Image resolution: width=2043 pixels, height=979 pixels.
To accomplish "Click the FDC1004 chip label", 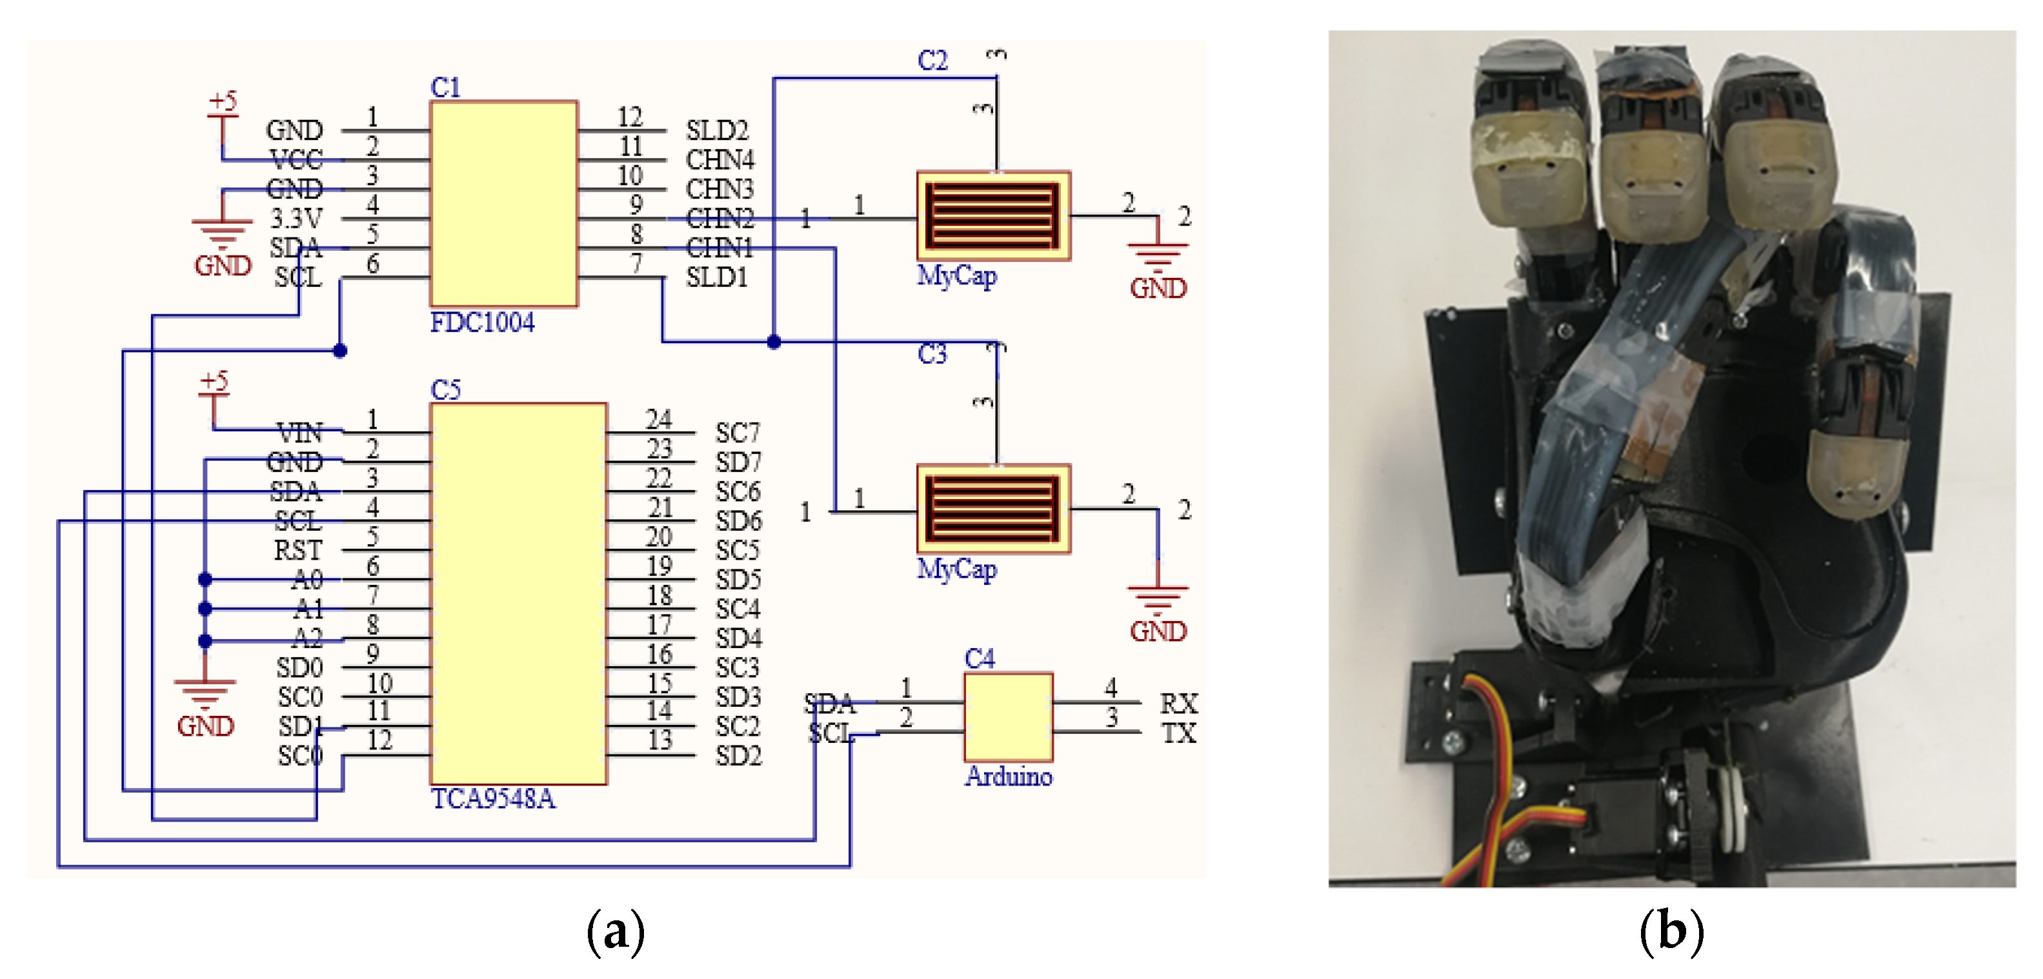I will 481,322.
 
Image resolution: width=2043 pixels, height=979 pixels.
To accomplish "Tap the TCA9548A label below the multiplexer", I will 492,798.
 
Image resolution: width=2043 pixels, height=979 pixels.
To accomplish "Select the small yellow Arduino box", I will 1008,717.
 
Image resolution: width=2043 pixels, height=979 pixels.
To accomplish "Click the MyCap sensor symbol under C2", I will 993,215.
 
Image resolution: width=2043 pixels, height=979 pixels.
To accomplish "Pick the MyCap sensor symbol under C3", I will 993,509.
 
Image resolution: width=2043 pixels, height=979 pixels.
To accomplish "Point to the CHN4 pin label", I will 720,160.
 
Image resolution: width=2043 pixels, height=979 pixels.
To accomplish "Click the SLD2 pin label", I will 716,130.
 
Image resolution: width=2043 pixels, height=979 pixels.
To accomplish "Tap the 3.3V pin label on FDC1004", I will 296,218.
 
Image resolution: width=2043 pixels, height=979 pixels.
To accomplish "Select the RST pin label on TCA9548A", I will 297,550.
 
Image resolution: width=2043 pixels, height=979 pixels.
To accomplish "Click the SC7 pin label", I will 738,433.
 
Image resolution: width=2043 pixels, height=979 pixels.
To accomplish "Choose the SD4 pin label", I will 738,638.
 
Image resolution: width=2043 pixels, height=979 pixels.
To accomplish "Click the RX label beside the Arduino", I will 1178,704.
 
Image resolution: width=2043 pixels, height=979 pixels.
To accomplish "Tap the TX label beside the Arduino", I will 1178,733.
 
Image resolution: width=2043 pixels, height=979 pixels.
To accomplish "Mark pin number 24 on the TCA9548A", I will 658,419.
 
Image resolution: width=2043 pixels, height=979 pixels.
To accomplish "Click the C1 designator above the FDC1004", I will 445,87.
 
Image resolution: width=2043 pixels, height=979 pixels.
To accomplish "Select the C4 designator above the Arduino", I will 979,658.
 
